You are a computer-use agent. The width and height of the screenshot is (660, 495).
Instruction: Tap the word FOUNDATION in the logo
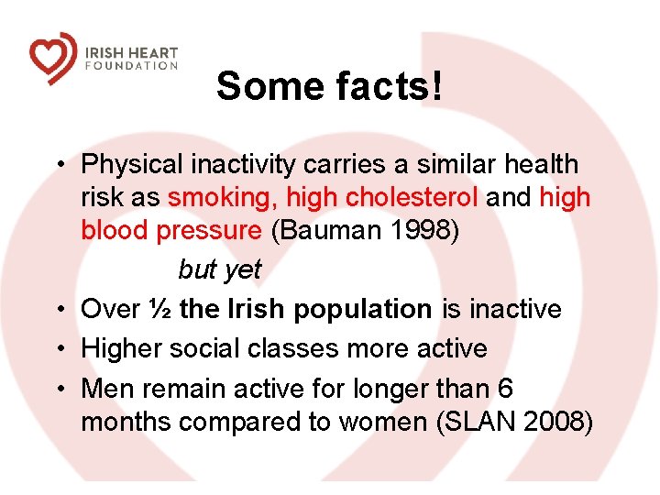[x=131, y=66]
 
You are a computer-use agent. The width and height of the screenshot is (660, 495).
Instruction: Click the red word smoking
[x=222, y=198]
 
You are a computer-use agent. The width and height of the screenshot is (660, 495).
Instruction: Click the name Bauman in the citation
[x=323, y=231]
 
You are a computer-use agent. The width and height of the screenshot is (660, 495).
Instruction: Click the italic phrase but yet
[x=219, y=269]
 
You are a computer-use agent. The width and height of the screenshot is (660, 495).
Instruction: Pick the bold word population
[x=362, y=310]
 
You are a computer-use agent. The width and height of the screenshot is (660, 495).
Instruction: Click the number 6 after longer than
[x=505, y=389]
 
